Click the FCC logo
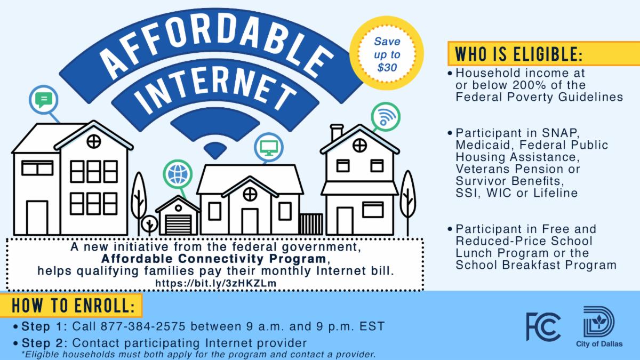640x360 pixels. [x=543, y=326]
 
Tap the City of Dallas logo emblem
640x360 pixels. [x=599, y=322]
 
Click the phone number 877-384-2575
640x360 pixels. [x=143, y=326]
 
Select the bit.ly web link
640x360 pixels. [x=215, y=283]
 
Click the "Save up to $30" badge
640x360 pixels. [x=387, y=54]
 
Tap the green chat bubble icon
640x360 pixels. [x=43, y=100]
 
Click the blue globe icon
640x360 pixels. [x=178, y=174]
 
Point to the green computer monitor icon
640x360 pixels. [x=269, y=148]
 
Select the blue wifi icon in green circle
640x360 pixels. [x=386, y=117]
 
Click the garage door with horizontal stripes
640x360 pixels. [x=178, y=225]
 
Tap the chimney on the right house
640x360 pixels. [x=337, y=132]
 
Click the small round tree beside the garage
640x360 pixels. [x=149, y=223]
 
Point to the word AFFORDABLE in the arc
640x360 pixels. [x=215, y=43]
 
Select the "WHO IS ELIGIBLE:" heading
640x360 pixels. [x=518, y=54]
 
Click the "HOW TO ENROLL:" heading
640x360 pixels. [x=73, y=306]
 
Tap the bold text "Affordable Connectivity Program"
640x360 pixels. [x=214, y=259]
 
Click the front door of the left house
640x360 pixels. [x=37, y=218]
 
